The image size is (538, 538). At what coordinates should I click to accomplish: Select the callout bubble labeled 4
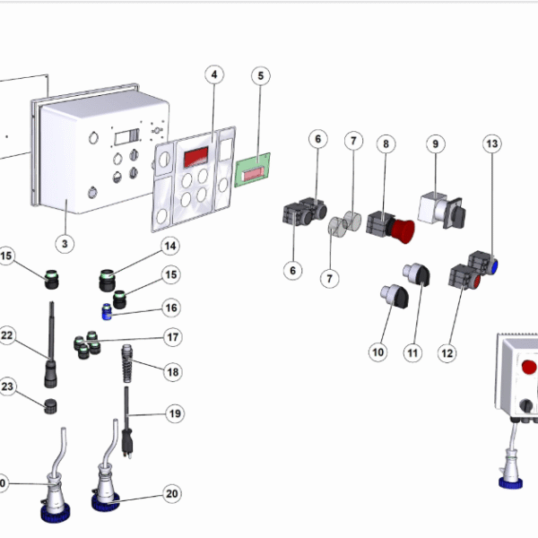point(213,75)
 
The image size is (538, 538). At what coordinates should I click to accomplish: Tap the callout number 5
point(260,75)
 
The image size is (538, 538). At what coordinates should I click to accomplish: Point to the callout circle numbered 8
point(386,143)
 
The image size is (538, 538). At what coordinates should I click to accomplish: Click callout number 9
point(436,143)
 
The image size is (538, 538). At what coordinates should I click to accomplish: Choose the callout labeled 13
point(491,143)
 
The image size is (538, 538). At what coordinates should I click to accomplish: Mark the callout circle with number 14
point(170,246)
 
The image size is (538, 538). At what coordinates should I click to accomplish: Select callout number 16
point(171,308)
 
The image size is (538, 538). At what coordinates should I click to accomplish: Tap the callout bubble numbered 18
point(171,371)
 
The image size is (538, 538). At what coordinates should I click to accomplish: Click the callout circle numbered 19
point(174,413)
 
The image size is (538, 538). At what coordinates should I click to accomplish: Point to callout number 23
point(7,387)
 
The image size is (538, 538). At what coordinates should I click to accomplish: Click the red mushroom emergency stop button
point(404,230)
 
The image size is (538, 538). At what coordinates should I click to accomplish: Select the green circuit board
point(253,169)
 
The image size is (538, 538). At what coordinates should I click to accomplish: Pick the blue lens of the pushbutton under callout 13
point(494,265)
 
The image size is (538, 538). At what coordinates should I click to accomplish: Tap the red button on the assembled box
point(529,368)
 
